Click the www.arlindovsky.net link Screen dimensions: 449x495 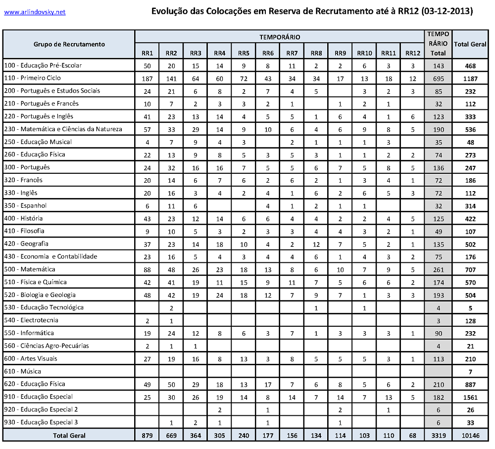point(35,12)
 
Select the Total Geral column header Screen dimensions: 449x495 point(470,44)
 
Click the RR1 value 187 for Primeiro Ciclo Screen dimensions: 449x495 point(147,78)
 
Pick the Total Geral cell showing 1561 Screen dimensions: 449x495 point(470,397)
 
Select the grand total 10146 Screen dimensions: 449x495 point(470,436)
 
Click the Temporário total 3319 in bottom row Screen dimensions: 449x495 point(438,436)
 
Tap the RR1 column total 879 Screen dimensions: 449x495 point(147,436)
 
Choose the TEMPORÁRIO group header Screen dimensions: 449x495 point(280,37)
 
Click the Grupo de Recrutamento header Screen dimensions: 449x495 point(69,44)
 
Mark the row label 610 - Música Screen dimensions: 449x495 point(23,371)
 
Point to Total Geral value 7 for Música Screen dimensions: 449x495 point(470,372)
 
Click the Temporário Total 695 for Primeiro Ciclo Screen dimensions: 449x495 point(438,78)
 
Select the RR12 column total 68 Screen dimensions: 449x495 point(412,436)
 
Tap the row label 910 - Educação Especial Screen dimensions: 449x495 point(38,397)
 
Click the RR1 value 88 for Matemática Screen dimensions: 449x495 point(147,269)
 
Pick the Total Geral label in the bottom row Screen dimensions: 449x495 point(69,436)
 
